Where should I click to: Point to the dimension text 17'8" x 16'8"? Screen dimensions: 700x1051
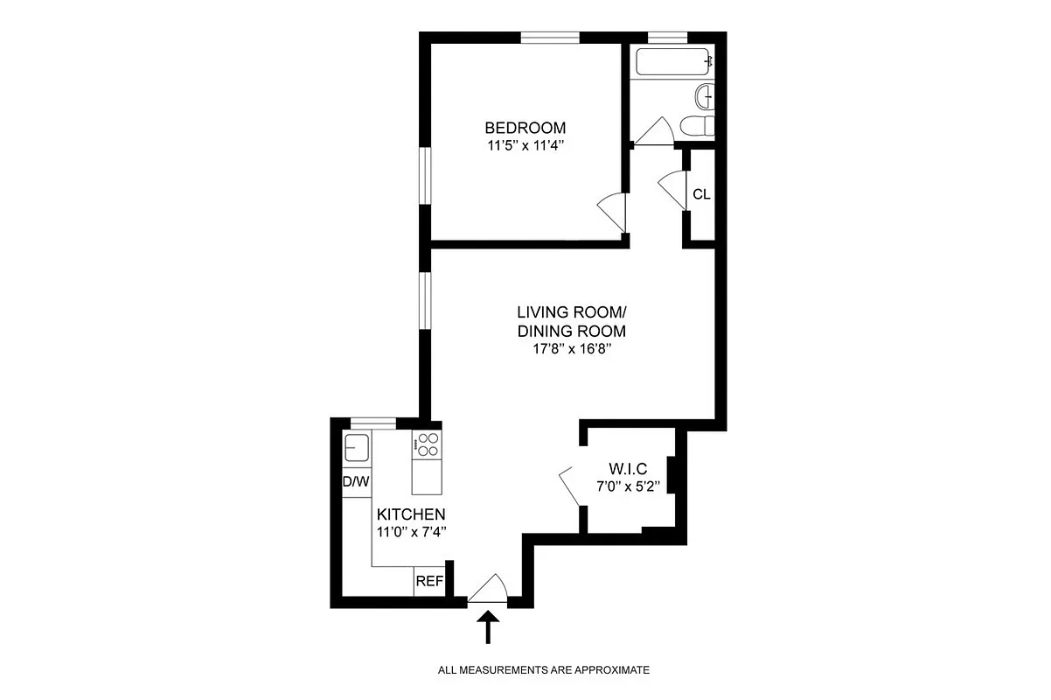(572, 350)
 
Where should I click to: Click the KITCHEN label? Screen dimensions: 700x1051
(411, 514)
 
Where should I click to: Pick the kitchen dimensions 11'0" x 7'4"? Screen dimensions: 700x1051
(411, 531)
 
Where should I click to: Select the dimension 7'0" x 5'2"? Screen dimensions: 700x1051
(629, 486)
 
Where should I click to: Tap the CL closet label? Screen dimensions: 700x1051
(701, 194)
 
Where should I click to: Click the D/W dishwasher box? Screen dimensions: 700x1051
(356, 481)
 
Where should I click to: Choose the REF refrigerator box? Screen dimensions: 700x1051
(428, 581)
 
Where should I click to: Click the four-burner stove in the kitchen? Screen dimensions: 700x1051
(427, 446)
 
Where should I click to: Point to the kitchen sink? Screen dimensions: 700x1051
(356, 447)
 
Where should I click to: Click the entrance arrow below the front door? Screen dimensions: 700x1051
(489, 627)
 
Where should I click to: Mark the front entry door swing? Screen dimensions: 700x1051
(489, 589)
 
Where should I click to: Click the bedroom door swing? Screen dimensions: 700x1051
(611, 211)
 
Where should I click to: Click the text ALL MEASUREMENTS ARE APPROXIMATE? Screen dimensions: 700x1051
(543, 670)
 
